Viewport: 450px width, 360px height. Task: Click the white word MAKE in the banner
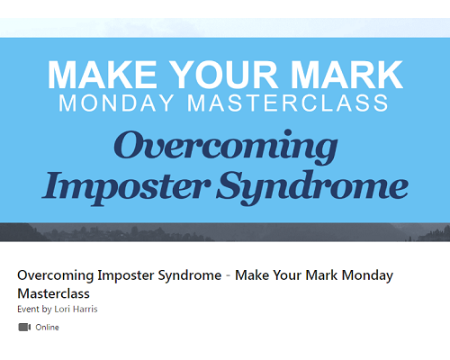click(x=103, y=75)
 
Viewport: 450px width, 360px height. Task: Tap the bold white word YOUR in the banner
click(x=225, y=75)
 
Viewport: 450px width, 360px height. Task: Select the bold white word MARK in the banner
click(x=346, y=75)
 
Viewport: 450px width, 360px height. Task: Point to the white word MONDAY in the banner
click(x=116, y=103)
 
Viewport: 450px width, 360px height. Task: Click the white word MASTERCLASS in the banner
click(x=288, y=103)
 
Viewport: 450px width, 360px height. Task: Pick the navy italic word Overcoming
click(x=226, y=147)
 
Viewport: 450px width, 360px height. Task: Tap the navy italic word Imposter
click(x=126, y=187)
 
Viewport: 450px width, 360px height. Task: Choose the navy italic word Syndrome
click(x=312, y=187)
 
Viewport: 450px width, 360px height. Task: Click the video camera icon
click(x=24, y=327)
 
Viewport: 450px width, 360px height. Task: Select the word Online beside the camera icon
click(x=47, y=327)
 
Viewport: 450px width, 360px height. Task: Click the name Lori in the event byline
click(x=62, y=309)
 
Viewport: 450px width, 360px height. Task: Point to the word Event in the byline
click(x=28, y=309)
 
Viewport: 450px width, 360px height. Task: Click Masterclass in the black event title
click(x=53, y=293)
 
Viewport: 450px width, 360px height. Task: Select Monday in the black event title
click(x=367, y=275)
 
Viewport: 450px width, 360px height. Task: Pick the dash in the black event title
click(x=229, y=276)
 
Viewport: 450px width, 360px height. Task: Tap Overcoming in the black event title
click(x=56, y=275)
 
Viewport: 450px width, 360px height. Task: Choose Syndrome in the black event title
click(x=190, y=275)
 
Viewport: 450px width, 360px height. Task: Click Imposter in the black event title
click(x=126, y=275)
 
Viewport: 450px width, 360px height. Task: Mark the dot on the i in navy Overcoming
click(x=288, y=132)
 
